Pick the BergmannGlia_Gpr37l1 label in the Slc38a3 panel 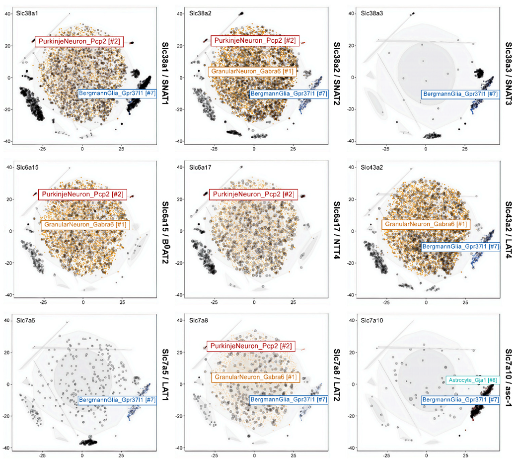click(x=461, y=94)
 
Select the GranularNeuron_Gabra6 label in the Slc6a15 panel click(x=84, y=225)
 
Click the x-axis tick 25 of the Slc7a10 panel click(x=465, y=455)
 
